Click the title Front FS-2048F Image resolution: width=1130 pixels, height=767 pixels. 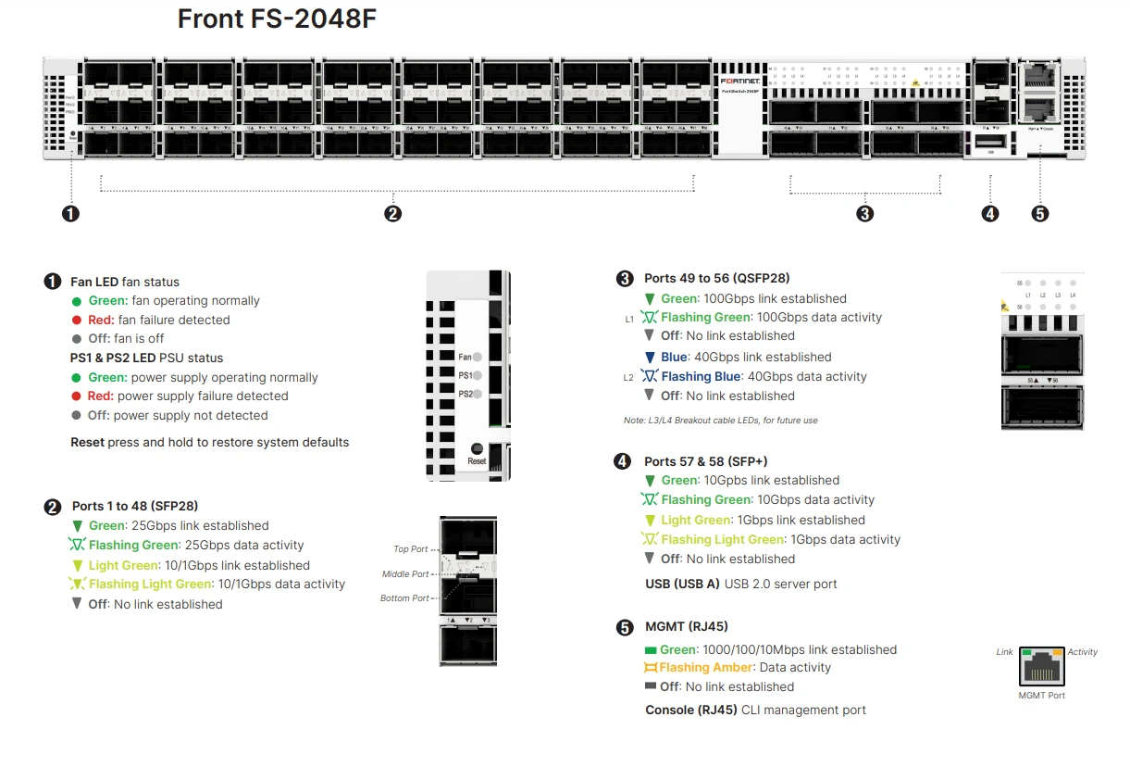pyautogui.click(x=277, y=19)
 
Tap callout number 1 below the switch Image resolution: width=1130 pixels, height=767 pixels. pyautogui.click(x=70, y=214)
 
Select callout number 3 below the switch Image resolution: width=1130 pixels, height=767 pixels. pyautogui.click(x=864, y=214)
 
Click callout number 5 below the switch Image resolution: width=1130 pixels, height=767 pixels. pyautogui.click(x=1039, y=214)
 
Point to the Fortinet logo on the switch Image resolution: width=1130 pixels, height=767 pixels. pyautogui.click(x=740, y=82)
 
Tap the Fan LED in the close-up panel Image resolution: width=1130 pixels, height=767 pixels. pyautogui.click(x=478, y=356)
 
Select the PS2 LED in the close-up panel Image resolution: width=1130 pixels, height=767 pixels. pyautogui.click(x=478, y=394)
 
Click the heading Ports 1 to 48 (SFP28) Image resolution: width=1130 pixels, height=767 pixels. pyautogui.click(x=134, y=506)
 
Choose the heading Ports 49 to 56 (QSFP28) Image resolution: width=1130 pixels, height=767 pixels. pyautogui.click(x=716, y=278)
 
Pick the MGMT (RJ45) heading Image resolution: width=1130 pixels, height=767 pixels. pyautogui.click(x=686, y=627)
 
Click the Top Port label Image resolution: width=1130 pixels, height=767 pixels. pyautogui.click(x=411, y=549)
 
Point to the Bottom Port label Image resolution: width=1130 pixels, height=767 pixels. pyautogui.click(x=404, y=598)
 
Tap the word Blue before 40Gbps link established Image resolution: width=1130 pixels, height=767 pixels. pyautogui.click(x=674, y=357)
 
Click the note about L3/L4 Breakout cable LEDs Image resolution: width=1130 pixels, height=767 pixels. pyautogui.click(x=720, y=421)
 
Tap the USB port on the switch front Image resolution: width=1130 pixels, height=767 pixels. pyautogui.click(x=991, y=141)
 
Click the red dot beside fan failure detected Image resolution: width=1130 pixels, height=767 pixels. pyautogui.click(x=77, y=321)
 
